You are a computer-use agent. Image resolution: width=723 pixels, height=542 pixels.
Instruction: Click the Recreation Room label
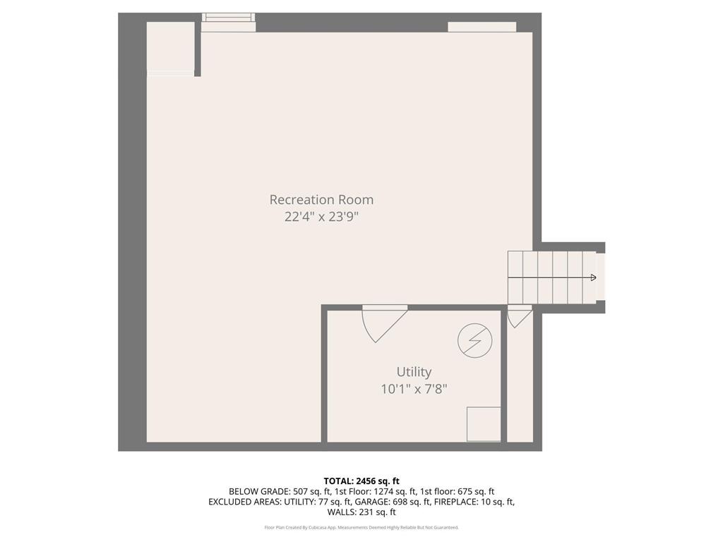pyautogui.click(x=321, y=200)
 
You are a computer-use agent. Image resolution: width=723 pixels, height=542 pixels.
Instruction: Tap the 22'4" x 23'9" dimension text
pyautogui.click(x=321, y=217)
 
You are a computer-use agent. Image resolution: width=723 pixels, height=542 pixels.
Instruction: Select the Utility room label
pyautogui.click(x=414, y=372)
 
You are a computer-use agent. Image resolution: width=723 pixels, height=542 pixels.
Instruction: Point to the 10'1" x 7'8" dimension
pyautogui.click(x=414, y=388)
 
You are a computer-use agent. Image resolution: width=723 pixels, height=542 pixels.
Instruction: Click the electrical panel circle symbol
pyautogui.click(x=474, y=341)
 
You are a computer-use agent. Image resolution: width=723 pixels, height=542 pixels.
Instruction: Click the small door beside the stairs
pyautogui.click(x=518, y=316)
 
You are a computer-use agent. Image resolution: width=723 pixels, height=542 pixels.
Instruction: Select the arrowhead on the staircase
pyautogui.click(x=593, y=277)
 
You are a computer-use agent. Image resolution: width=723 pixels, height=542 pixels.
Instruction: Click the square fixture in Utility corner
pyautogui.click(x=484, y=423)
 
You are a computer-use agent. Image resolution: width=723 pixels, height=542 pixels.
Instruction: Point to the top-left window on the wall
pyautogui.click(x=228, y=22)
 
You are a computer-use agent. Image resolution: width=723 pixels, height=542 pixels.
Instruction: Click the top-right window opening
pyautogui.click(x=482, y=27)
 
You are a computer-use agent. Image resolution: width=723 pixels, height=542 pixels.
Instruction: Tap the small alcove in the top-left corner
pyautogui.click(x=170, y=48)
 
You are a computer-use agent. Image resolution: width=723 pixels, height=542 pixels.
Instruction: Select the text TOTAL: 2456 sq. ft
pyautogui.click(x=361, y=481)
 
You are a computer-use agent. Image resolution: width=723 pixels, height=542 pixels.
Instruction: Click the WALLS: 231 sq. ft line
pyautogui.click(x=361, y=512)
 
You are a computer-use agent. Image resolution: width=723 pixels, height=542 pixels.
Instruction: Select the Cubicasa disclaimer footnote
pyautogui.click(x=361, y=527)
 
